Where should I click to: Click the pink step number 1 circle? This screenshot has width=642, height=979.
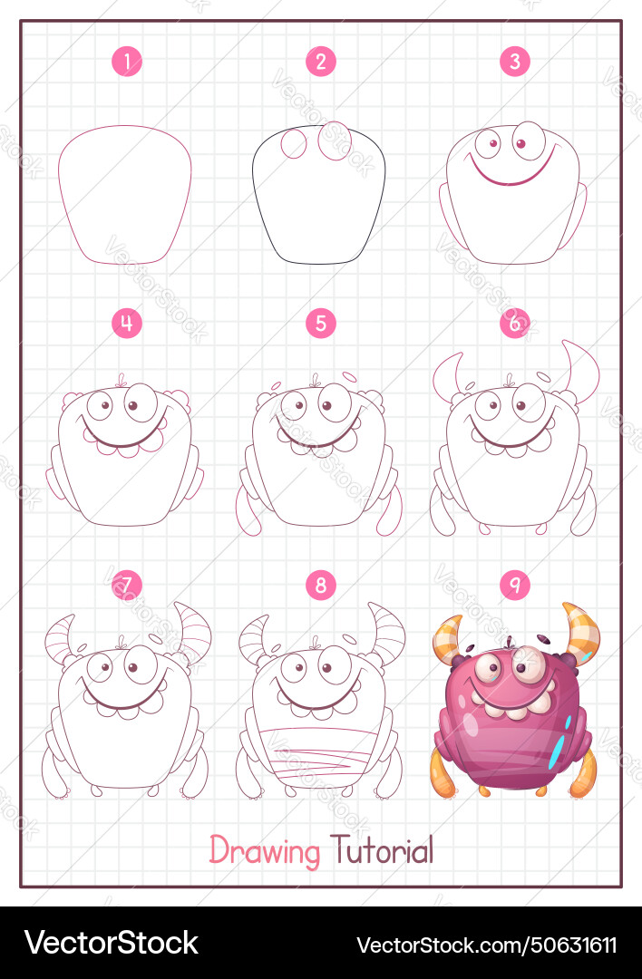coord(127,62)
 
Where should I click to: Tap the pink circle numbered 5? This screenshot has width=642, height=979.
coord(321,324)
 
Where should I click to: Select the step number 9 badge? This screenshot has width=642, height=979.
coord(515,585)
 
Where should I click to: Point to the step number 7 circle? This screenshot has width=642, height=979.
coord(127,585)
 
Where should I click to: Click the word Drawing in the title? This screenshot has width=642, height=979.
coord(264,850)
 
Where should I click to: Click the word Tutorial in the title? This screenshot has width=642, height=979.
coord(381,849)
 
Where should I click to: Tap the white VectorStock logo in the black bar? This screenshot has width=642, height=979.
coord(112,943)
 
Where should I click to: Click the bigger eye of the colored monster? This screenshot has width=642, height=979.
coord(529,664)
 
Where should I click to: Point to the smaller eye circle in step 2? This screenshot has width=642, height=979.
coord(294,144)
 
